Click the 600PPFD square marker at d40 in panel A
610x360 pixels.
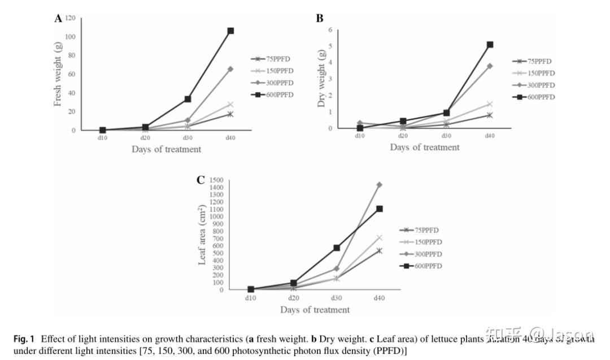point(230,31)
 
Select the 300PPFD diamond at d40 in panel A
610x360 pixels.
point(230,69)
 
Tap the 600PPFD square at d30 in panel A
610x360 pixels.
point(188,99)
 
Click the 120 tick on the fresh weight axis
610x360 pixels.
point(71,18)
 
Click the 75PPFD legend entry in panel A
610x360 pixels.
point(273,59)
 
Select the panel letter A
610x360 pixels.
point(58,19)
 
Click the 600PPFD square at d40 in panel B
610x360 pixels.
point(490,44)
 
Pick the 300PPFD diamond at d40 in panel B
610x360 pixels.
point(490,66)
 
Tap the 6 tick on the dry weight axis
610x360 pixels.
point(329,30)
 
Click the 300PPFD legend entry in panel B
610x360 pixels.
point(533,85)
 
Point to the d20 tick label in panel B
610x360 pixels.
point(403,136)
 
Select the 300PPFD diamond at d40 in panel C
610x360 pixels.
point(380,184)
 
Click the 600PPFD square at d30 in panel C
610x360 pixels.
point(337,248)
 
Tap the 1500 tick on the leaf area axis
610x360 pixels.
point(216,180)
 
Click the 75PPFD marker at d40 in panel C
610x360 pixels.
point(380,250)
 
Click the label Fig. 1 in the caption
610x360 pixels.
point(24,339)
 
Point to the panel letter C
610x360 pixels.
point(200,180)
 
